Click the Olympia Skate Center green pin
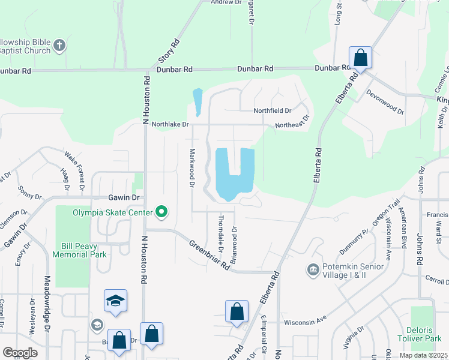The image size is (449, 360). click(161, 211)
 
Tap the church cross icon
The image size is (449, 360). click(59, 45)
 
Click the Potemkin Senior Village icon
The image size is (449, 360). click(313, 269)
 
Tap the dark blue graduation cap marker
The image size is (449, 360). click(116, 301)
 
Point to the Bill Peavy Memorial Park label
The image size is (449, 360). click(84, 250)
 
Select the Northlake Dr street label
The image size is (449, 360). click(170, 124)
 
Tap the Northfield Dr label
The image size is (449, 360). click(273, 110)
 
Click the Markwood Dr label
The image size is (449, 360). click(193, 168)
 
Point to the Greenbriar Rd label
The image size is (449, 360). click(209, 254)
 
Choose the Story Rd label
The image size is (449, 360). click(169, 52)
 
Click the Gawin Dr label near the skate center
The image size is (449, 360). click(124, 197)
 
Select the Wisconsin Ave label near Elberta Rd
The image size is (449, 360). click(304, 322)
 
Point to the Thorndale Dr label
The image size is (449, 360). click(221, 234)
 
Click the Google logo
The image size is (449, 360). click(20, 353)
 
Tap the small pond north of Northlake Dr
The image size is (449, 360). click(197, 100)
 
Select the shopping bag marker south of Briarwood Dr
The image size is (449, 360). click(237, 311)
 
